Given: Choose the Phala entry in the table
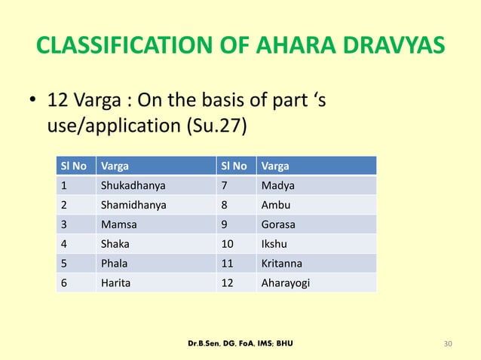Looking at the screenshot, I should (x=114, y=263).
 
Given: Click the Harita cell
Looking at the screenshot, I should (x=115, y=282).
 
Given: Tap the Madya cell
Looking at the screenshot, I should (x=273, y=185).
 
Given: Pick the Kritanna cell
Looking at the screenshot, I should (x=279, y=263).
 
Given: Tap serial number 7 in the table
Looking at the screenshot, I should (x=222, y=185).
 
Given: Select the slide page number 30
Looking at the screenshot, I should (x=449, y=344).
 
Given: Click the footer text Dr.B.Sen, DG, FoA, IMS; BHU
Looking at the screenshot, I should (x=240, y=344).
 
